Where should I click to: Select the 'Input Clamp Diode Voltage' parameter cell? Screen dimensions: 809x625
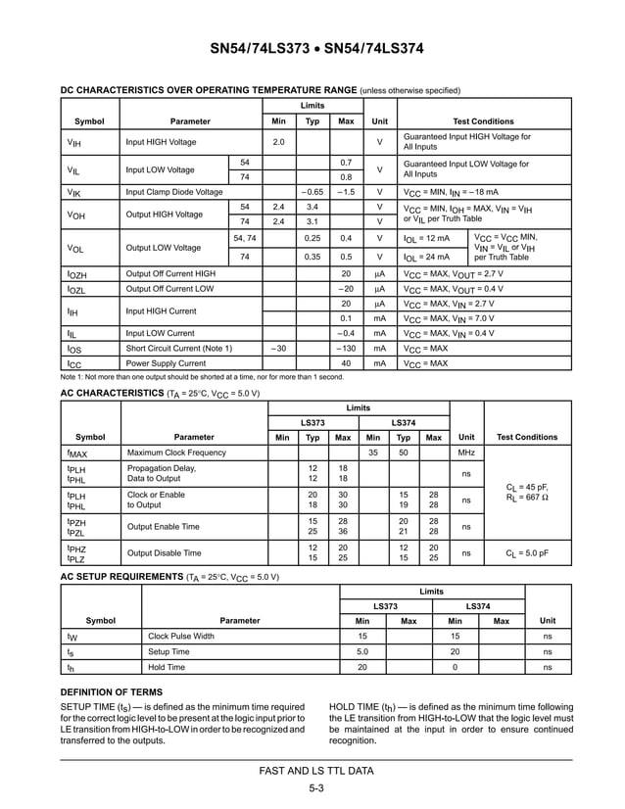click(173, 192)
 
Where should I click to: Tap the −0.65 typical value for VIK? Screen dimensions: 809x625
click(312, 192)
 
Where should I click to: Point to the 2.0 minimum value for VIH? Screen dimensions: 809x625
click(278, 142)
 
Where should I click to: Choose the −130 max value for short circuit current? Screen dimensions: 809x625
click(346, 348)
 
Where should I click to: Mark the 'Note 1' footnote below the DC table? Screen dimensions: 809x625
click(202, 377)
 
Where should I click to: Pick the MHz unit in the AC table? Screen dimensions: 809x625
click(466, 452)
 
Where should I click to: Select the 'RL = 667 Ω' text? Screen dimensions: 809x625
click(527, 497)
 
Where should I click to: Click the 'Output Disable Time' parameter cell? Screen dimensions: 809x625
click(165, 553)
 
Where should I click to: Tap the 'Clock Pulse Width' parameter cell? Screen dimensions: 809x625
click(180, 636)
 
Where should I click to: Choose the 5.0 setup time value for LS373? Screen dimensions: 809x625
click(361, 651)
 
